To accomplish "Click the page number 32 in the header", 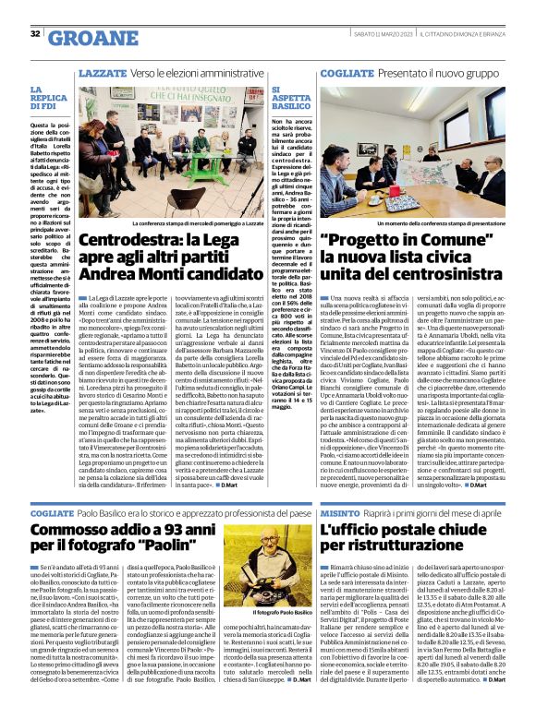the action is [34, 34].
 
